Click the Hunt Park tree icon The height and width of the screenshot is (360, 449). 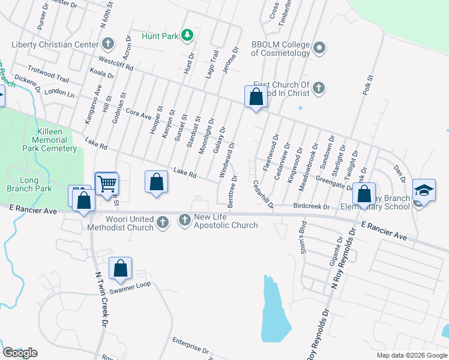click(187, 36)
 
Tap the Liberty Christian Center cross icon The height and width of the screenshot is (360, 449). click(108, 44)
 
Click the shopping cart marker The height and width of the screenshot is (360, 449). click(107, 184)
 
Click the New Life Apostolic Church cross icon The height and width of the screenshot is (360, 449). click(185, 221)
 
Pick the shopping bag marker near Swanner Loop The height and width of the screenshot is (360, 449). click(120, 268)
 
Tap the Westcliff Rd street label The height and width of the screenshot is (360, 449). click(115, 64)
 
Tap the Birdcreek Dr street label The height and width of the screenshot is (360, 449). click(312, 207)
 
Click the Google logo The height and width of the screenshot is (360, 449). click(20, 352)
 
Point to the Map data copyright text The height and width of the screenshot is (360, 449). click(412, 355)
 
